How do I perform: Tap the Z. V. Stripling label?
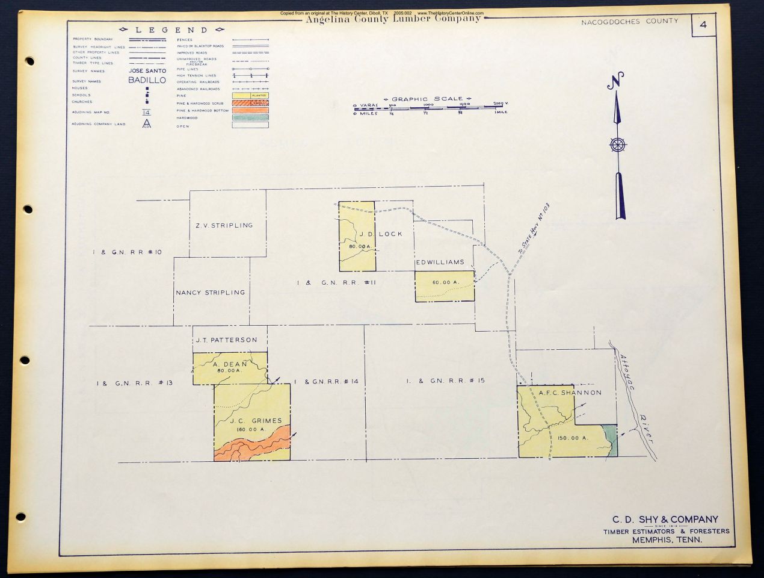(x=224, y=225)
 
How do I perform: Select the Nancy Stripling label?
(x=210, y=293)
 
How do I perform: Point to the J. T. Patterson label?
(x=226, y=340)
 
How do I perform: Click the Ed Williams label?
(x=440, y=263)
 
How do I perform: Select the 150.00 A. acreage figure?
(x=573, y=438)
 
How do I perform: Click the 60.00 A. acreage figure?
(x=445, y=282)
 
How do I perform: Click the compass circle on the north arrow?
(x=617, y=145)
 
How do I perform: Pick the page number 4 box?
(x=703, y=26)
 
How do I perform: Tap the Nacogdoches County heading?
(x=629, y=21)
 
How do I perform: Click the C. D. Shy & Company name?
(x=665, y=520)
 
